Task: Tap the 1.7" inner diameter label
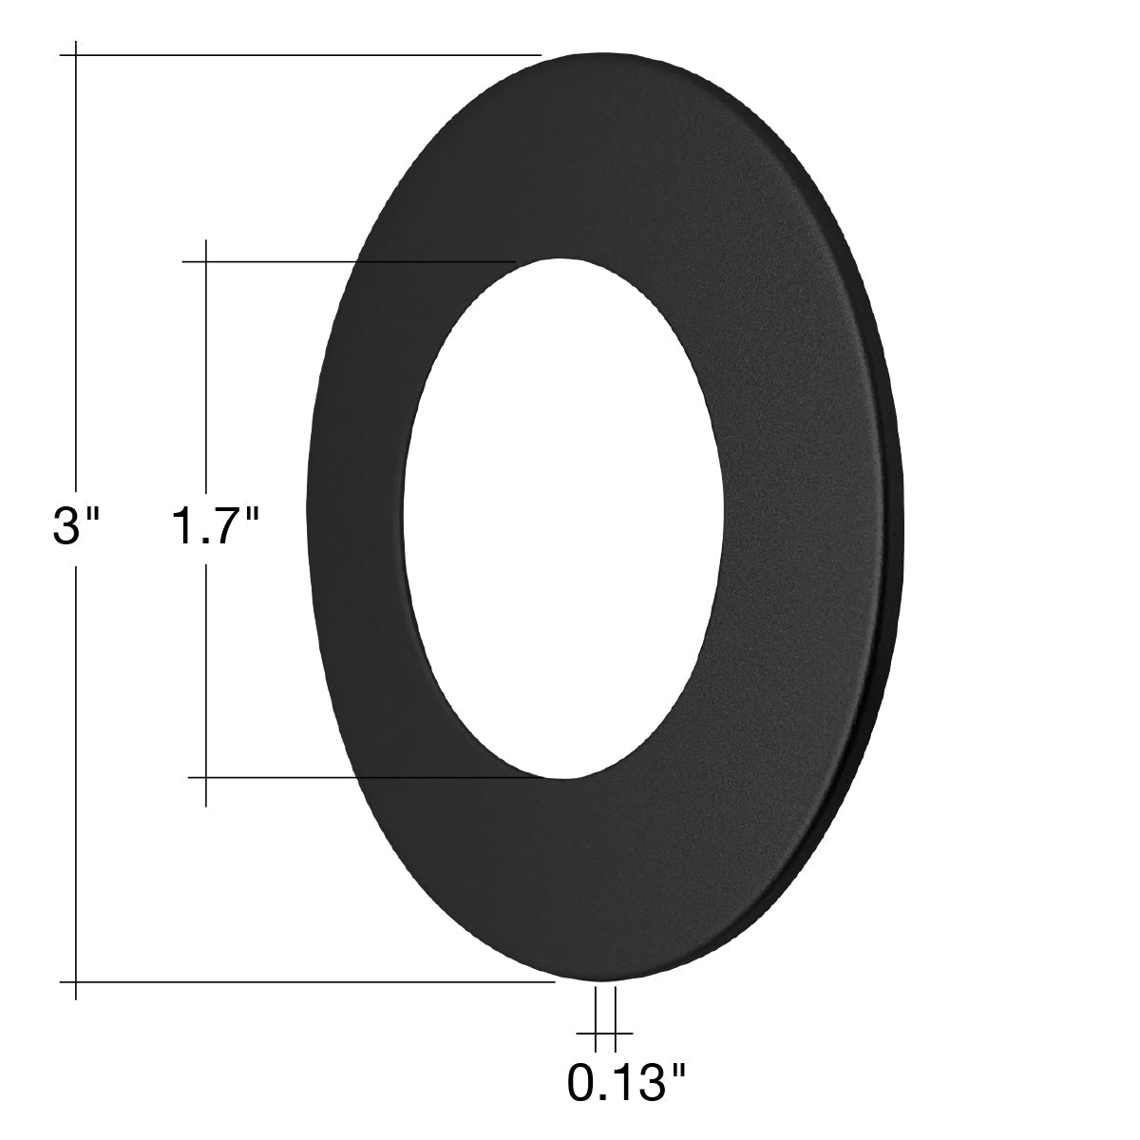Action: click(x=216, y=525)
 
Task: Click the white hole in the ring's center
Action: click(x=563, y=519)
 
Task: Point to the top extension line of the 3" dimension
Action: click(x=300, y=55)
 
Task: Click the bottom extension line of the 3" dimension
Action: click(x=308, y=982)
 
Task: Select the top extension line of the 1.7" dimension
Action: click(x=349, y=261)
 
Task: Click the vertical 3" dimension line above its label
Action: click(x=76, y=263)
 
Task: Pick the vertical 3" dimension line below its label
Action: click(x=76, y=782)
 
